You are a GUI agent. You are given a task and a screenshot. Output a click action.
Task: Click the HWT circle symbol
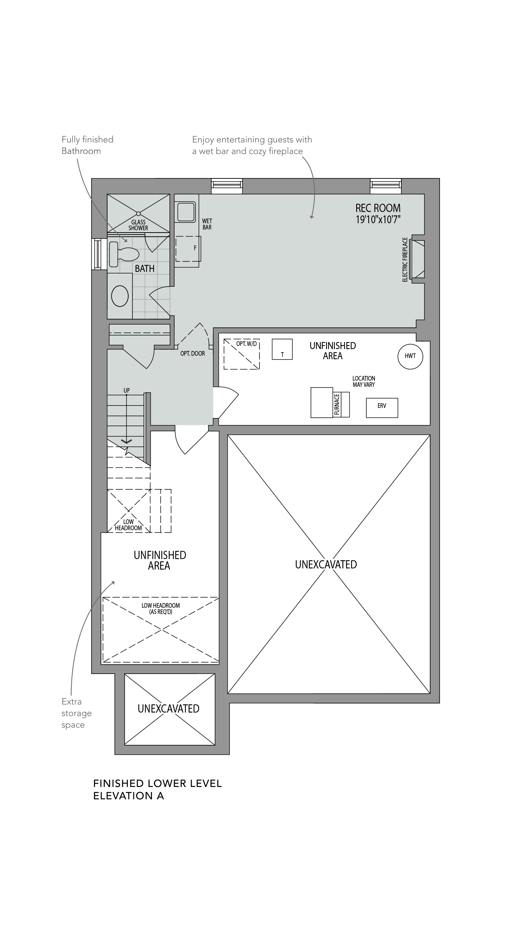[x=410, y=356]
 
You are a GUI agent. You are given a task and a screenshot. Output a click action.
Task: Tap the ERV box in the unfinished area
[x=382, y=408]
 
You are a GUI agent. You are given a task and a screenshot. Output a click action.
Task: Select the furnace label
[x=337, y=404]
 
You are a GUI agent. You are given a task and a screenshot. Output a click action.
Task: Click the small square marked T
[x=282, y=349]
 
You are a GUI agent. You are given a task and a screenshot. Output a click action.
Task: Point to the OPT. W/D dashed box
[x=242, y=354]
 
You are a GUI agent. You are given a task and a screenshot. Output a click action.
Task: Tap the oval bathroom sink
[x=120, y=296]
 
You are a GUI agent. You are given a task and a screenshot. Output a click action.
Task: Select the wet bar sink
[x=186, y=212]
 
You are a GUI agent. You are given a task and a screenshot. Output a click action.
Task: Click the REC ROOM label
[x=378, y=208]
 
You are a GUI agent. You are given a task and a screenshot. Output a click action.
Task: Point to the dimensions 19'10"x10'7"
[x=378, y=220]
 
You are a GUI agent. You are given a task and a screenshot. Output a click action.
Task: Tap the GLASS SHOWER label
[x=138, y=225]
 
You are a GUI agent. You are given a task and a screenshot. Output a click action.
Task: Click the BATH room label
[x=145, y=268]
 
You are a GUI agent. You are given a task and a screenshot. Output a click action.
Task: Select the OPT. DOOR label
[x=193, y=354]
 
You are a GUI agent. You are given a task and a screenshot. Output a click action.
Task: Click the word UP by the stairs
[x=127, y=390]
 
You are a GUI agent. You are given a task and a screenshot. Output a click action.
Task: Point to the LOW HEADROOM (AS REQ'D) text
[x=161, y=609]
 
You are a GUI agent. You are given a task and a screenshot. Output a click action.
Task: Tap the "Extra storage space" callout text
[x=77, y=713]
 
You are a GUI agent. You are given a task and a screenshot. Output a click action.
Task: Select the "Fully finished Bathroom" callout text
[x=87, y=145]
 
